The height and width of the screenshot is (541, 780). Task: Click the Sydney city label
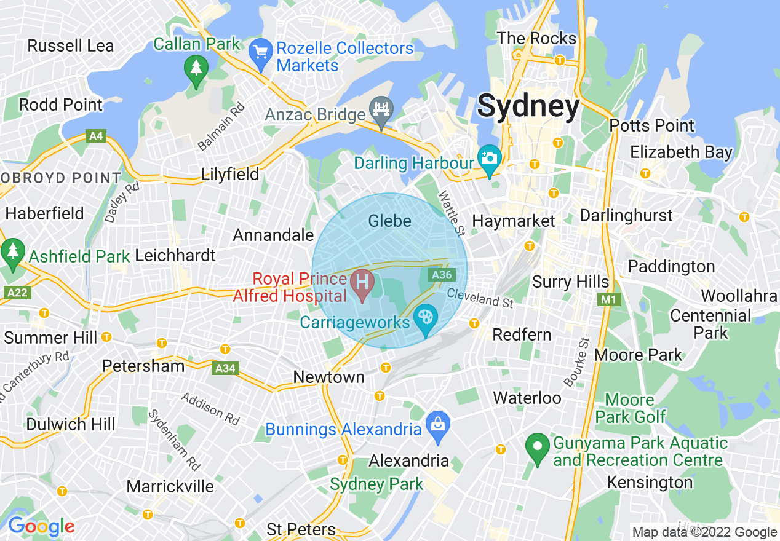[x=528, y=106]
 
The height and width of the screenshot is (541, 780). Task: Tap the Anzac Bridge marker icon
[x=381, y=111]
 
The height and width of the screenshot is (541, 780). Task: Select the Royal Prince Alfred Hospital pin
[x=362, y=284]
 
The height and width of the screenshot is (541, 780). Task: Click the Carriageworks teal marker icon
[x=425, y=319]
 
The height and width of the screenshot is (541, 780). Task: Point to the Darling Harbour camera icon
[x=490, y=159]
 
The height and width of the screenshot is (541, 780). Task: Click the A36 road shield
[x=442, y=275]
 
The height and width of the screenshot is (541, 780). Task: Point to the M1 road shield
[x=609, y=299]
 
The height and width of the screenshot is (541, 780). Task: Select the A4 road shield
[x=96, y=136]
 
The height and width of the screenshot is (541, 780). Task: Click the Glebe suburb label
[x=389, y=221]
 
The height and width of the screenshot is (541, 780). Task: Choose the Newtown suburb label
[x=328, y=377]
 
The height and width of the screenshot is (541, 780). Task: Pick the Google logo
[x=41, y=526]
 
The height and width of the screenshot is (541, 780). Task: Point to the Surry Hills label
[x=570, y=282]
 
